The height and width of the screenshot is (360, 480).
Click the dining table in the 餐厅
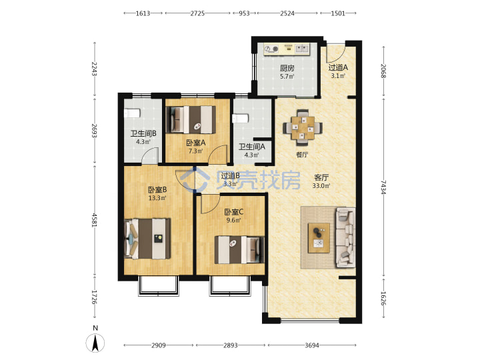303,128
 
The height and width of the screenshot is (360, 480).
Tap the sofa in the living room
345,237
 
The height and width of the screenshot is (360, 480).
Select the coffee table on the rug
319,238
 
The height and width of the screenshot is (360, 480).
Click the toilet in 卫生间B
132,113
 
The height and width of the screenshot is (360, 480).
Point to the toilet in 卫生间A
240,119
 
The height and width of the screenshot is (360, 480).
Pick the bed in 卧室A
191,119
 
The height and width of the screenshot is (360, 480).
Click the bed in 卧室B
147,239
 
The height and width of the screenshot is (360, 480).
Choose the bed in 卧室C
239,249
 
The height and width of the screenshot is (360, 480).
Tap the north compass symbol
95,341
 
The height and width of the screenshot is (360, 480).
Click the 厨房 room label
287,68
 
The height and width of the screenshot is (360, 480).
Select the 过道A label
338,67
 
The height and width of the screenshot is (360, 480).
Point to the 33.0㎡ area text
321,185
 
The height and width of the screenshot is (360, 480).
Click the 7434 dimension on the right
383,187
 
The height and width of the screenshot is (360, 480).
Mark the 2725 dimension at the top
197,13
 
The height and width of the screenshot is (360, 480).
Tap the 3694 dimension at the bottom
312,345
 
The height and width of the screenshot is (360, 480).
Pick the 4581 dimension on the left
95,220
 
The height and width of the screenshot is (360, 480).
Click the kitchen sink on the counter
303,49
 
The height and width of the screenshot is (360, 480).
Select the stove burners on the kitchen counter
271,49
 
